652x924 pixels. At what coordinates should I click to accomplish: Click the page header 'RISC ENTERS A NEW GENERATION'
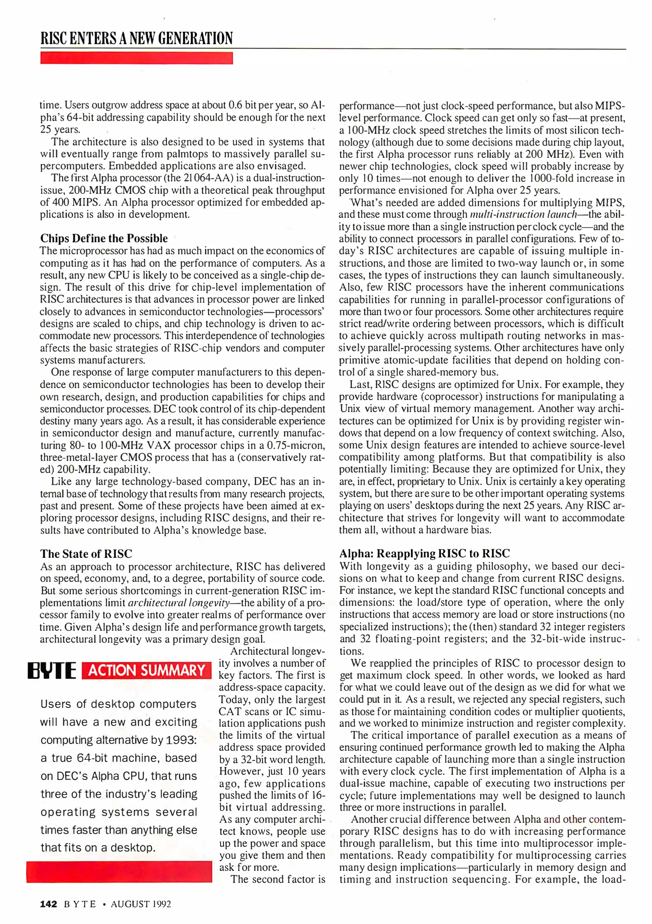[x=137, y=38]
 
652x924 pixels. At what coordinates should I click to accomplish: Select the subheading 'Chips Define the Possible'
[x=104, y=238]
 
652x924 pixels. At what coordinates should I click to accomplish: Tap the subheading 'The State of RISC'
[x=86, y=554]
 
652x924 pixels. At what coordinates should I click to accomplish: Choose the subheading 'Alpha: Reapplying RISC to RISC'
[x=424, y=554]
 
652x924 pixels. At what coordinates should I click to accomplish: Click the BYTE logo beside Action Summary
[x=52, y=671]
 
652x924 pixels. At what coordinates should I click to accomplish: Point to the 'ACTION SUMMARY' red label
[x=146, y=670]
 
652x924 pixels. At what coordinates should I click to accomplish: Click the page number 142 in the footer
[x=48, y=904]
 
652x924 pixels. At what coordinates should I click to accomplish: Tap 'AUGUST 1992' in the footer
[x=141, y=904]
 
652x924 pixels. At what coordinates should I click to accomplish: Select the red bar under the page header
[x=137, y=58]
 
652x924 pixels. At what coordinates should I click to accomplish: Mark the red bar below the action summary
[x=119, y=872]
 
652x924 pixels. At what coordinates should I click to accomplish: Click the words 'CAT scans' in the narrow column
[x=243, y=711]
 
